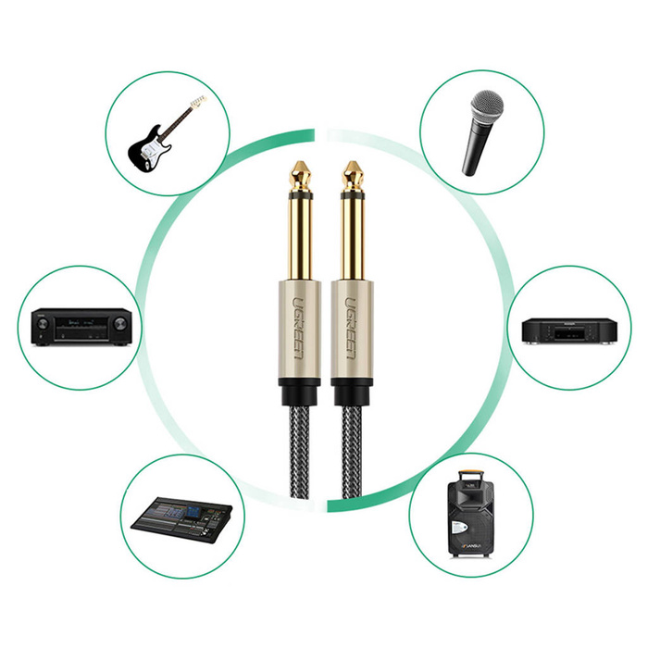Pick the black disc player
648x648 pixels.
[x=569, y=330]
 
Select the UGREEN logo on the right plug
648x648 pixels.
[x=350, y=328]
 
